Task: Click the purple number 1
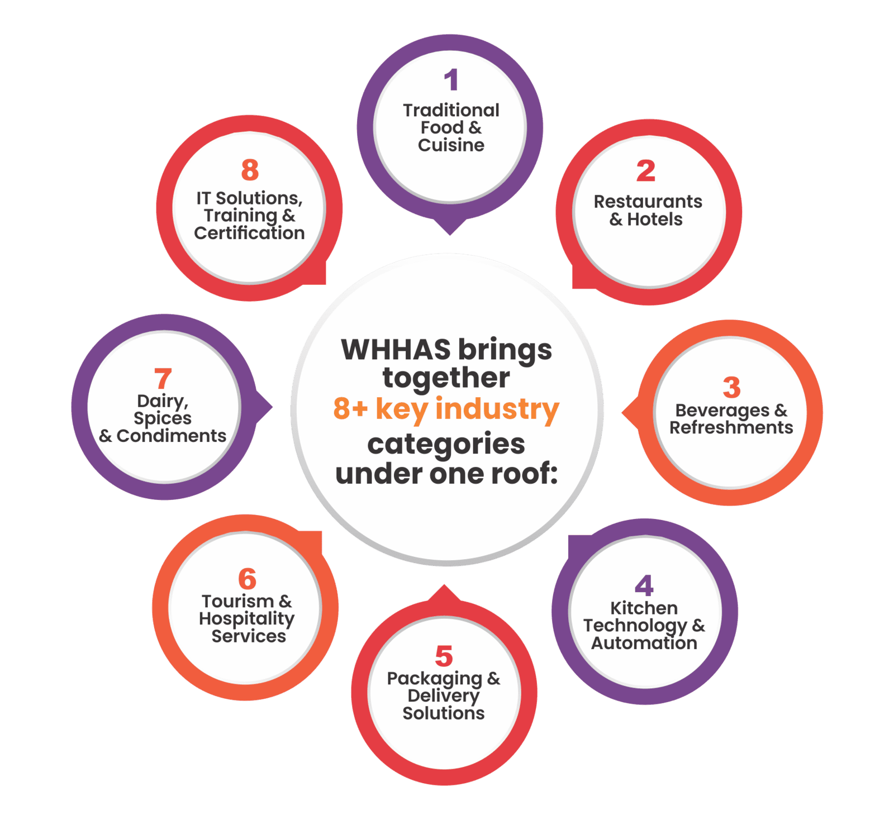(451, 80)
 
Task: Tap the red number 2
(645, 171)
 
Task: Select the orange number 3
(731, 387)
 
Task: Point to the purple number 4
(644, 585)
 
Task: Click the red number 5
(444, 656)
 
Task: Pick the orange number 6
(247, 579)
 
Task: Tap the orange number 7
(163, 379)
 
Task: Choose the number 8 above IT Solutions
(250, 170)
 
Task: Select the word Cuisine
(451, 145)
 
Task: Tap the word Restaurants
(648, 201)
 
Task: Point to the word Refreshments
(731, 428)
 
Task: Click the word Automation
(644, 643)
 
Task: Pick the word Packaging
(435, 679)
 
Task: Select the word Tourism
(238, 602)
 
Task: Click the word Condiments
(171, 436)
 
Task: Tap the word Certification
(249, 233)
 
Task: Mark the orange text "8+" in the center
(350, 409)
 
